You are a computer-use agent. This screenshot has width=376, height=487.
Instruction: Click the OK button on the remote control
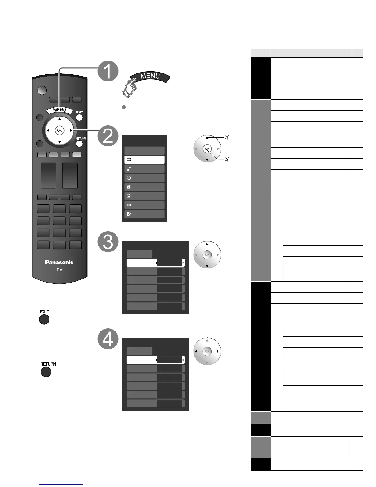[x=59, y=130]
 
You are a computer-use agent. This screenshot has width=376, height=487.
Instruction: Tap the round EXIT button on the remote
[x=80, y=117]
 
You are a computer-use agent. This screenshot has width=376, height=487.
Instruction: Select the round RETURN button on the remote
[x=80, y=143]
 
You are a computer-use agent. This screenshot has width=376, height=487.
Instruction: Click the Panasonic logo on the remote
[x=59, y=262]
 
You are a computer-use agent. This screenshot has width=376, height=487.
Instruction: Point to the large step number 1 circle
[x=108, y=71]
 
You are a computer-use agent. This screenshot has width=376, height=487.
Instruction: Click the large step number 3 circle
[x=108, y=242]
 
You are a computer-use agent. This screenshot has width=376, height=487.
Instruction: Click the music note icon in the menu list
[x=129, y=169]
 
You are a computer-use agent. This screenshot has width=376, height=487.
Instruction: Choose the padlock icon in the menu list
[x=129, y=187]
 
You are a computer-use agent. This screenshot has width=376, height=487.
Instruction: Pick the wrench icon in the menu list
[x=129, y=214]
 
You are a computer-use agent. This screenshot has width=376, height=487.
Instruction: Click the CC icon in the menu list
[x=129, y=205]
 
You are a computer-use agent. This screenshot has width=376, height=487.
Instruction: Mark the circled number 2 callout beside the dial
[x=227, y=159]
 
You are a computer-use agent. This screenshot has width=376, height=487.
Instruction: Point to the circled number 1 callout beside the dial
[x=227, y=137]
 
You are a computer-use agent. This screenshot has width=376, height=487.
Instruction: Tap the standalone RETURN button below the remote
[x=46, y=372]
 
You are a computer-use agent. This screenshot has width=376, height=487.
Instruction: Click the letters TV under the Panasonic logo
[x=59, y=270]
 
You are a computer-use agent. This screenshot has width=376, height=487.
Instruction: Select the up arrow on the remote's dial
[x=60, y=119]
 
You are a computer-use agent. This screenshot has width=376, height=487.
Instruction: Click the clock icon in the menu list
[x=129, y=178]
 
